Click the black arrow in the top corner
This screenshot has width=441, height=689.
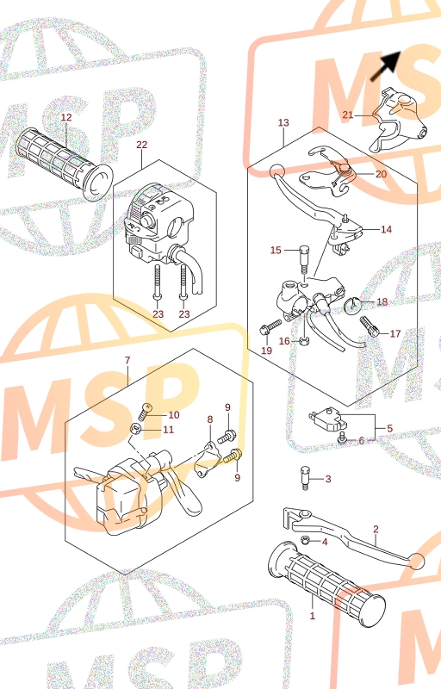pyautogui.click(x=386, y=66)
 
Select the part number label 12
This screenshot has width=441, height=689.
pyautogui.click(x=65, y=117)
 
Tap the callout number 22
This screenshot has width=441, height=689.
pyautogui.click(x=142, y=145)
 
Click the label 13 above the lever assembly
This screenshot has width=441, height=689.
pyautogui.click(x=283, y=122)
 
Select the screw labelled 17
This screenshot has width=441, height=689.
pyautogui.click(x=370, y=327)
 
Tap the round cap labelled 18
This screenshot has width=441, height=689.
pyautogui.click(x=351, y=306)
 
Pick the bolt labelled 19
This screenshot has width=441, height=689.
pyautogui.click(x=270, y=327)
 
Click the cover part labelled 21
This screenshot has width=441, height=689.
pyautogui.click(x=398, y=120)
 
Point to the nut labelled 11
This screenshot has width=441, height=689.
pyautogui.click(x=136, y=428)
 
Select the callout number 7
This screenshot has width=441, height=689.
pyautogui.click(x=127, y=360)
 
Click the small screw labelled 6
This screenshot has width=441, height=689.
pyautogui.click(x=343, y=438)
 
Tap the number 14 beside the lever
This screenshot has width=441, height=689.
pyautogui.click(x=386, y=229)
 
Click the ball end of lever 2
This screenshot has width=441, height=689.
pyautogui.click(x=416, y=562)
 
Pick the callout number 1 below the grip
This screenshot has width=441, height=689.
pyautogui.click(x=313, y=616)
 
